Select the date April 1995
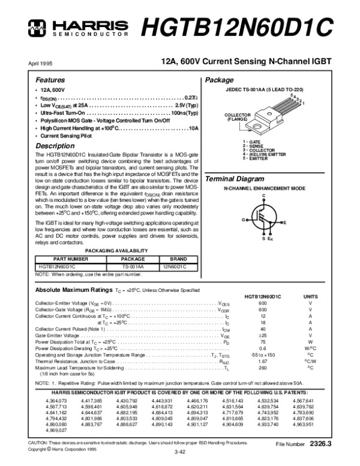pos(40,63)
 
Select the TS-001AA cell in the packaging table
pos(133,266)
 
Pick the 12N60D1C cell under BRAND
pos(174,266)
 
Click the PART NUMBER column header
pos(70,259)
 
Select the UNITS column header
pos(311,297)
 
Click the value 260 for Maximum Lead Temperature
pos(262,368)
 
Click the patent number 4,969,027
pos(56,431)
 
